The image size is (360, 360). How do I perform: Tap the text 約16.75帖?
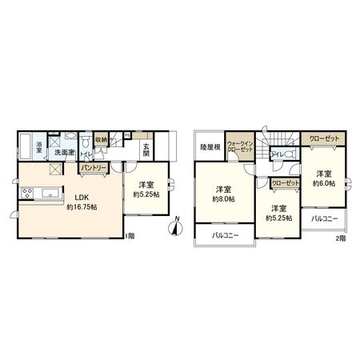83,207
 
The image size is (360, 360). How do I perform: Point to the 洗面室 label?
63,152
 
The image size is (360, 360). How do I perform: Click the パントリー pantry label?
93,168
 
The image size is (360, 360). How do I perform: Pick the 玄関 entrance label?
146,149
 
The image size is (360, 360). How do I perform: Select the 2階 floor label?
341,238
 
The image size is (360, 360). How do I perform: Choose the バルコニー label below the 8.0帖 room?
226,237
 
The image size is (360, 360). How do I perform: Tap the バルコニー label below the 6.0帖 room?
324,218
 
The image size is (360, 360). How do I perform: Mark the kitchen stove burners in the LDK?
28,194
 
